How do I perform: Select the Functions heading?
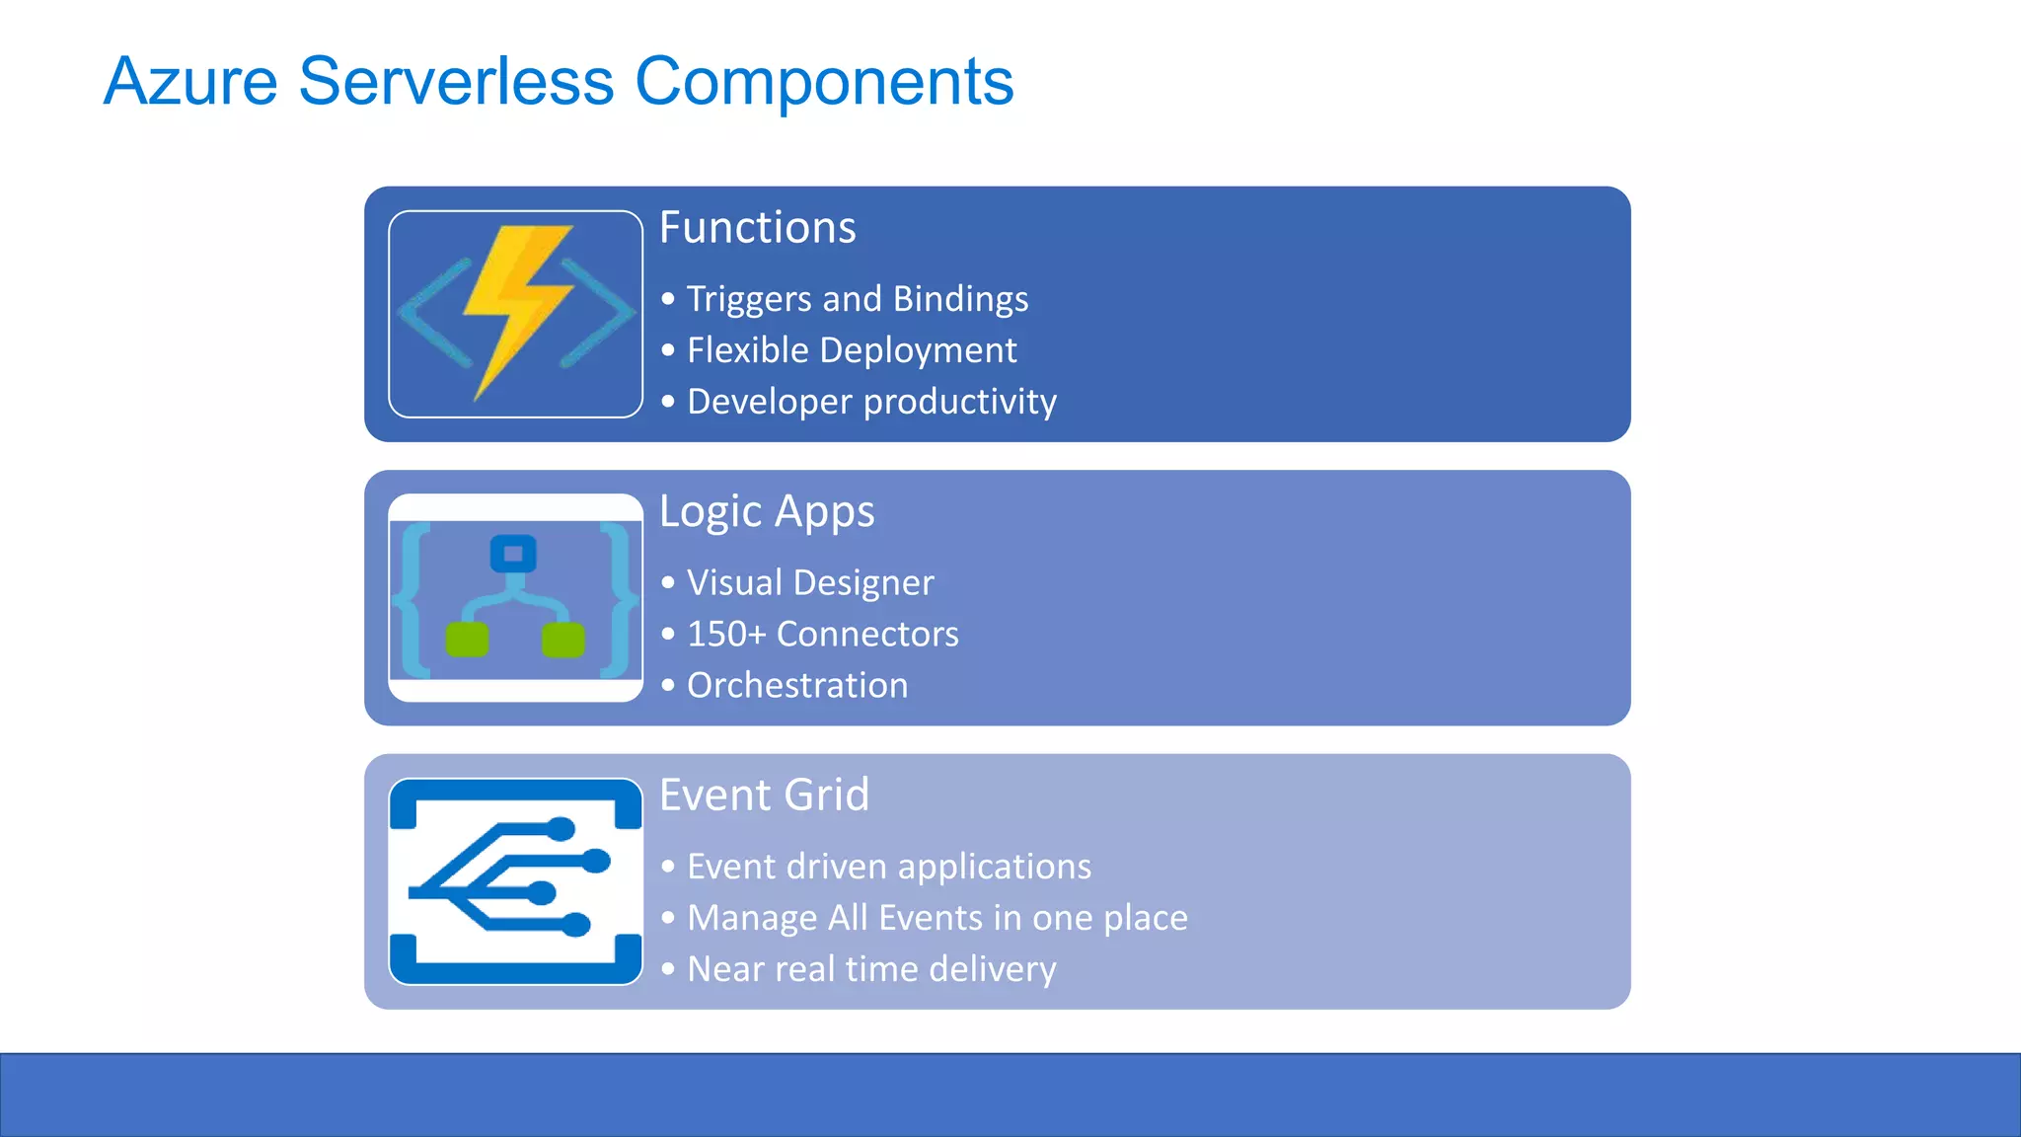[757, 228]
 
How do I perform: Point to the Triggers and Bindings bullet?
[857, 299]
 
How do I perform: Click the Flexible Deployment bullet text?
[851, 350]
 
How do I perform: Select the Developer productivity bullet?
[870, 402]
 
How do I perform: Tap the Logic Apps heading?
[767, 511]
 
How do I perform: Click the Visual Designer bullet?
[809, 582]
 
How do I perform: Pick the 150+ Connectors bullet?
[822, 634]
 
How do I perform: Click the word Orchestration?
[797, 685]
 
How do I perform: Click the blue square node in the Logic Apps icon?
[513, 554]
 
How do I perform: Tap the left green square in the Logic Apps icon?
[467, 640]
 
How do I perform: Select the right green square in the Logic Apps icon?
[563, 640]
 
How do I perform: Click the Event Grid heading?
[764, 796]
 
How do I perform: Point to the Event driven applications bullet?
[888, 867]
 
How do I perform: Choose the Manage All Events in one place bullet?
[936, 918]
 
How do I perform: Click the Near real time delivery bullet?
[870, 969]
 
